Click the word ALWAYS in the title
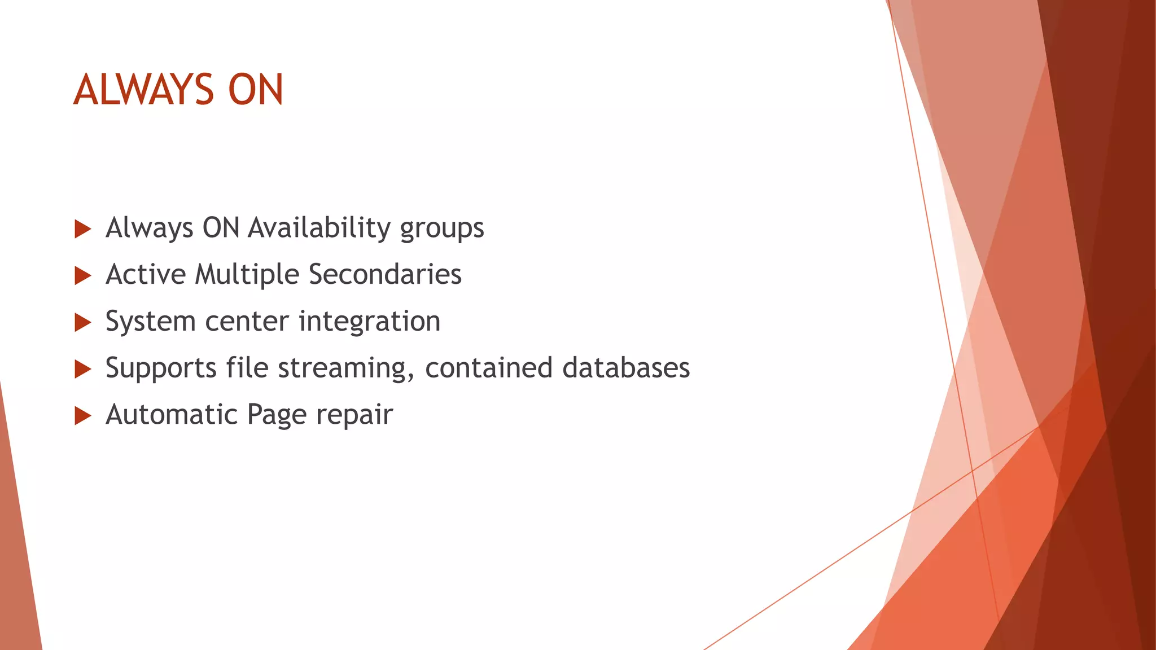144,90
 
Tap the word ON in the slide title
255,90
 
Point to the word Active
146,275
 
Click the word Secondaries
385,275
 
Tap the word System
150,322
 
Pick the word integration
369,322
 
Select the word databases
626,368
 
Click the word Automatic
172,415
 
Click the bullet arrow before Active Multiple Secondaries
83,276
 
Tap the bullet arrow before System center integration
83,323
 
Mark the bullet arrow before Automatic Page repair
83,416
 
